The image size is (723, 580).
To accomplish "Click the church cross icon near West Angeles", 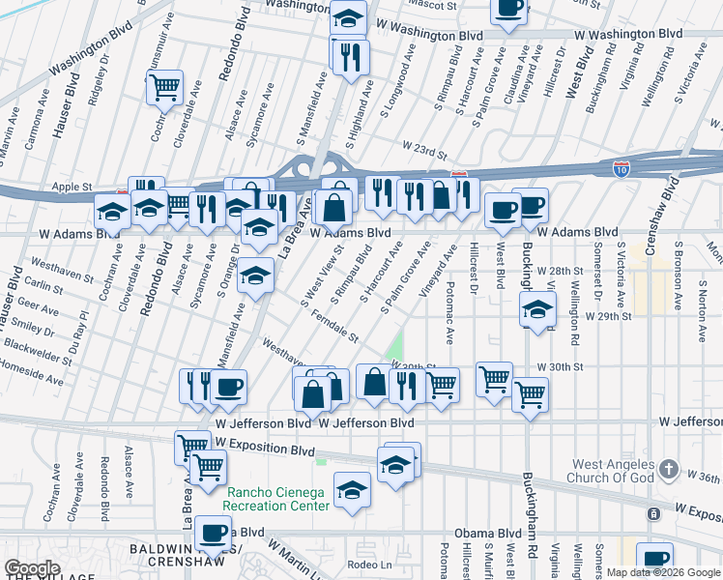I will pyautogui.click(x=668, y=469).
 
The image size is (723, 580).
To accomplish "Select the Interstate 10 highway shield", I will pyautogui.click(x=622, y=169).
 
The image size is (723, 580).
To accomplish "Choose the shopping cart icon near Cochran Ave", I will pyautogui.click(x=165, y=87).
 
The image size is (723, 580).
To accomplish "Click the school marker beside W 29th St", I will pyautogui.click(x=536, y=309).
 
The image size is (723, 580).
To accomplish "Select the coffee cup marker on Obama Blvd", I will pyautogui.click(x=214, y=532).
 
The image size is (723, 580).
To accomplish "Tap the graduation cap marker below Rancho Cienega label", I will pyautogui.click(x=352, y=489).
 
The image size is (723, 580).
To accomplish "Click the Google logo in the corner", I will pyautogui.click(x=32, y=568).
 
